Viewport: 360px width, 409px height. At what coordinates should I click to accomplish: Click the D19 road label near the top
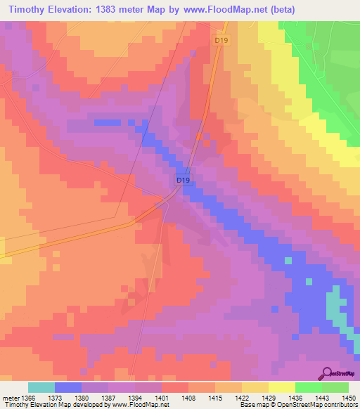(x=221, y=41)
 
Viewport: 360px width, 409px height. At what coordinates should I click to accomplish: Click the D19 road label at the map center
(x=183, y=181)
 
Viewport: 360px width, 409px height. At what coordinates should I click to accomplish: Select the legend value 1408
(x=189, y=398)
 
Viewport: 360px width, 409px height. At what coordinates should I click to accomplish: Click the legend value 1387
(x=110, y=398)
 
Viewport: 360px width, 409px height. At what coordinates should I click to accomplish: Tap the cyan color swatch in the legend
(x=41, y=387)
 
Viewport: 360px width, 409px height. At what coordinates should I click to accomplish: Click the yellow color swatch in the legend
(x=281, y=387)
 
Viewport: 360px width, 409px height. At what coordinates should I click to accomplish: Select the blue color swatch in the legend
(x=68, y=387)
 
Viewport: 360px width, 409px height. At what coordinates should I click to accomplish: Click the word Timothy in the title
(x=27, y=10)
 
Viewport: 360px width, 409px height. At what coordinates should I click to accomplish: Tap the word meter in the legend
(x=11, y=398)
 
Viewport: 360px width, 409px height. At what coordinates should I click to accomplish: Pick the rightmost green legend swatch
(x=335, y=387)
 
